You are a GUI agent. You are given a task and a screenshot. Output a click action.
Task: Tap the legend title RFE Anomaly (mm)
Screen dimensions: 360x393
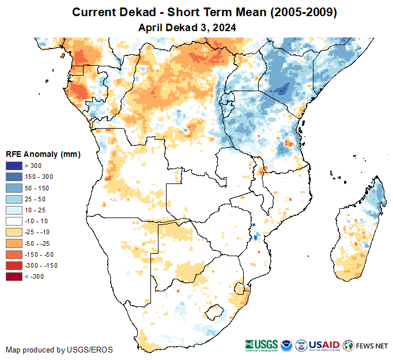point(43,154)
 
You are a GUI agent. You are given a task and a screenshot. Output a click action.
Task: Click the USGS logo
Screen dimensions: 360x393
point(263,346)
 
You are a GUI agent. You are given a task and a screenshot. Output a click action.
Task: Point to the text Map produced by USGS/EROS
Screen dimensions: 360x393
point(59,350)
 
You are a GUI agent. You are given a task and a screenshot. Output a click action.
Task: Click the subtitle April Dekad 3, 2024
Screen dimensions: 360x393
point(187,27)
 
